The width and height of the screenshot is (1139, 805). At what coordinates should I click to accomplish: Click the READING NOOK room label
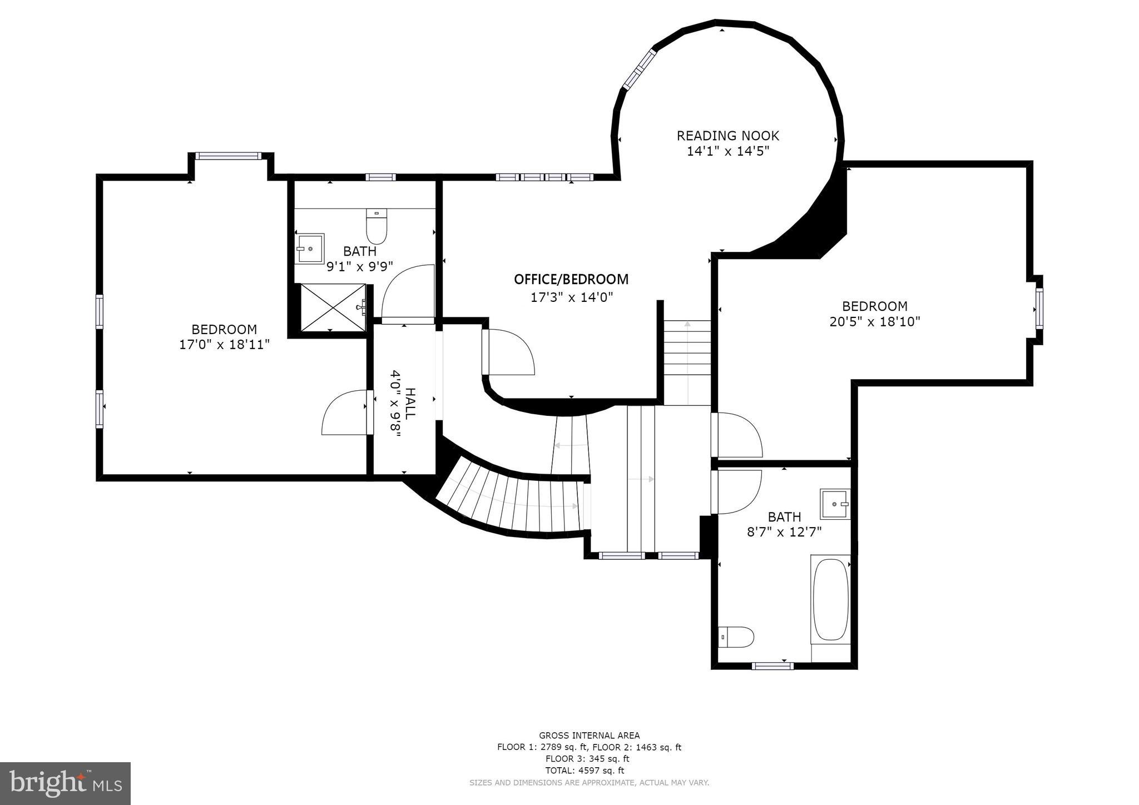click(x=727, y=136)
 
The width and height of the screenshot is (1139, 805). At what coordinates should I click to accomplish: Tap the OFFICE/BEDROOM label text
click(x=571, y=279)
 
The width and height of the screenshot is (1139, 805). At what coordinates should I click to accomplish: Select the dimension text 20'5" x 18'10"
click(x=875, y=321)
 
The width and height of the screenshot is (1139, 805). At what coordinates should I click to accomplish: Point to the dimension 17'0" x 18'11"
click(x=224, y=344)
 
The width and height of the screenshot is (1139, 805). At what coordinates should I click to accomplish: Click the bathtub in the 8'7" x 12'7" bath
click(x=830, y=599)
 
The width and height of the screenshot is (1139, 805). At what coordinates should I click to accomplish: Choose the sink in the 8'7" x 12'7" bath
click(x=835, y=504)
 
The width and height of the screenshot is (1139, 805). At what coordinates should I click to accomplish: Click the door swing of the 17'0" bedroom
click(x=344, y=413)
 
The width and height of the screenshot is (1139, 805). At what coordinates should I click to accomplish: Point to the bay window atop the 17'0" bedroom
click(x=228, y=156)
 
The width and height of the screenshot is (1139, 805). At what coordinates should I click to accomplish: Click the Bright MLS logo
click(x=65, y=783)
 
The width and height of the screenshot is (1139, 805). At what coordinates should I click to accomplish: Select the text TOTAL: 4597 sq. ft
click(x=589, y=771)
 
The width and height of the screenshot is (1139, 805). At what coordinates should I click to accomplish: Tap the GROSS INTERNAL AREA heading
click(x=589, y=736)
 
